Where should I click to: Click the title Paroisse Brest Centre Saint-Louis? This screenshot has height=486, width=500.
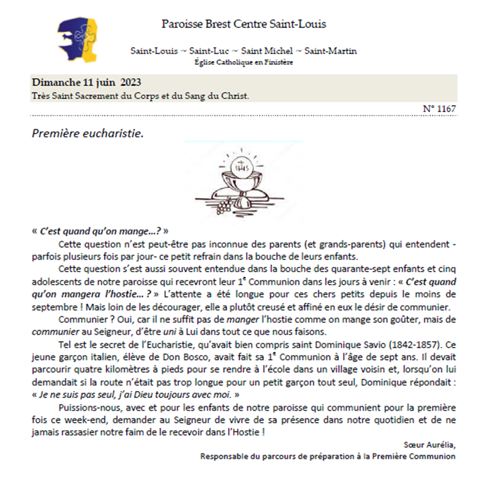coord(243,24)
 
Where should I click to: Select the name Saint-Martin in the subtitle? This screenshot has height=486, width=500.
coord(330,51)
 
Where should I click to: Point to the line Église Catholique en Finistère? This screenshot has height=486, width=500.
coord(243,62)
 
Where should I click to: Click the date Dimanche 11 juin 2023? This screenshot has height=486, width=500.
coord(86,82)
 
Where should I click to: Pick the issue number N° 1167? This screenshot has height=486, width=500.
coord(439,108)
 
